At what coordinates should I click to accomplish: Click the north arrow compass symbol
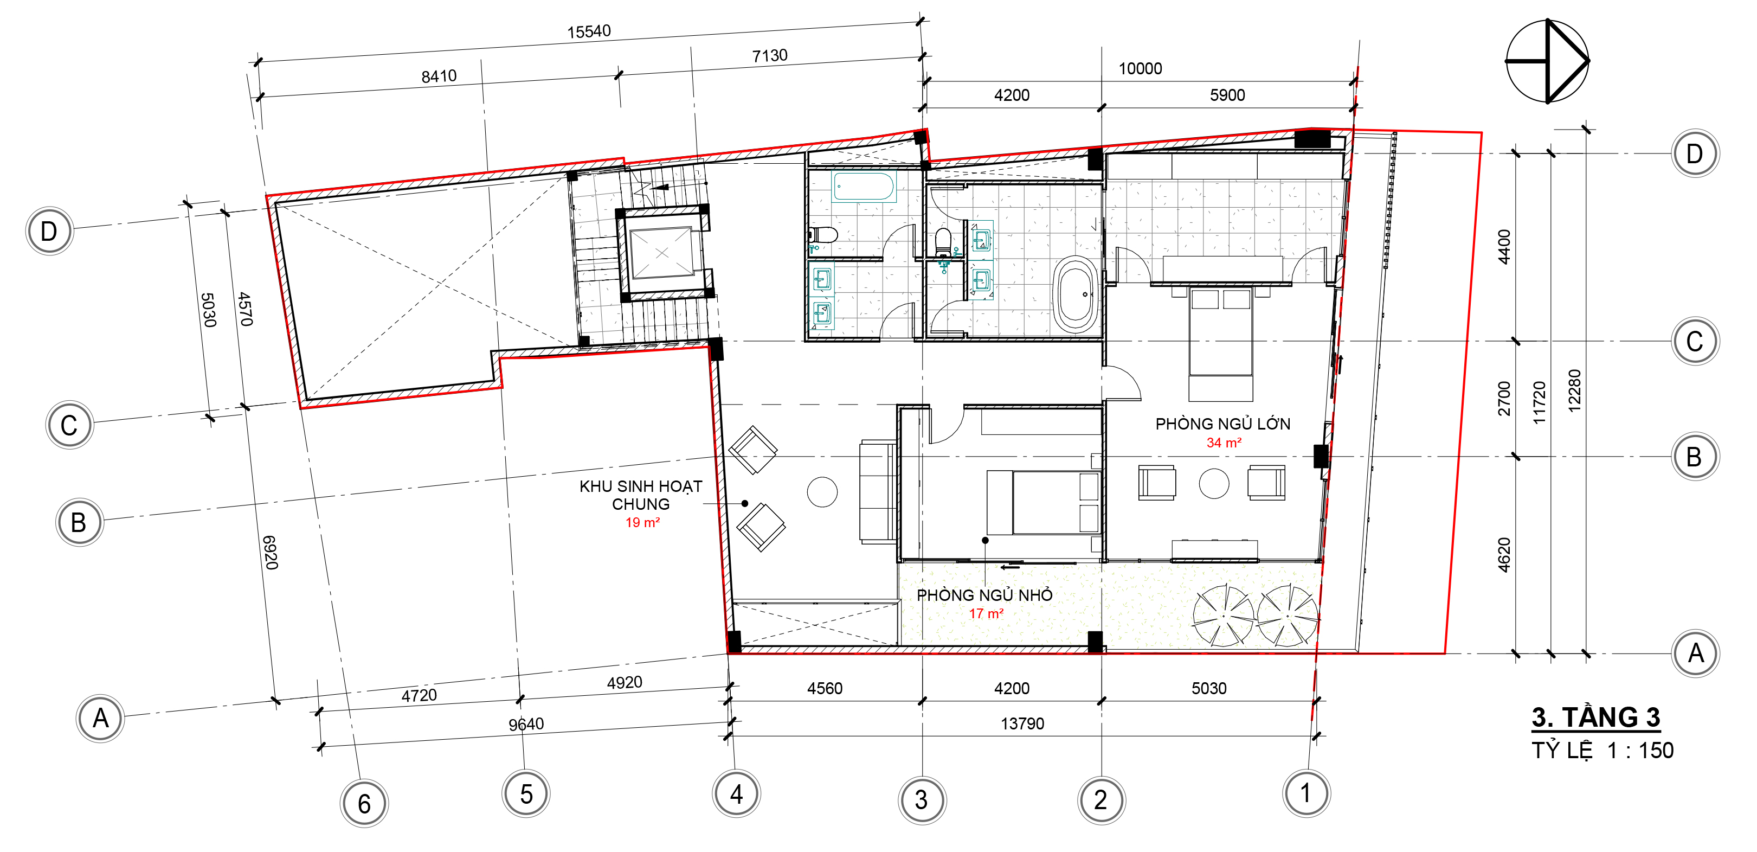point(1547,61)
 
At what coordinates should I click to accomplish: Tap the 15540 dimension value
point(589,31)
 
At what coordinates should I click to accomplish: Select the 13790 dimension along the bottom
point(1022,723)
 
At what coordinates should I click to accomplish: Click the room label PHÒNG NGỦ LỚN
point(1222,424)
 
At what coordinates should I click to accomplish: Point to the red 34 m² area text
point(1224,443)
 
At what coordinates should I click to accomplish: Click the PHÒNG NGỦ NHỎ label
point(984,595)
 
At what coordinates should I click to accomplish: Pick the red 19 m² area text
point(642,522)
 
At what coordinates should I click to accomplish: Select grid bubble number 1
point(1306,793)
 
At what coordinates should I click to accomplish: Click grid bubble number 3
point(922,799)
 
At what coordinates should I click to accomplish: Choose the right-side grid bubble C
point(1695,341)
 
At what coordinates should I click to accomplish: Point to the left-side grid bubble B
point(79,522)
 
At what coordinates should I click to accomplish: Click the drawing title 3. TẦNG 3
point(1596,718)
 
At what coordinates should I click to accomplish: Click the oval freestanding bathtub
point(1076,294)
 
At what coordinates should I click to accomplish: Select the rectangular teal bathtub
point(863,186)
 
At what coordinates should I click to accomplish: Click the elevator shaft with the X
point(661,253)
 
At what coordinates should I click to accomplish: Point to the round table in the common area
point(822,492)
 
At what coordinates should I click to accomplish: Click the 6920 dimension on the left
point(271,553)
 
